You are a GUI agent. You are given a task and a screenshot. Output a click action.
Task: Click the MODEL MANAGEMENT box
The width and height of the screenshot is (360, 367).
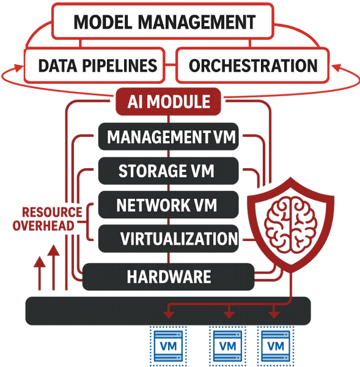163,22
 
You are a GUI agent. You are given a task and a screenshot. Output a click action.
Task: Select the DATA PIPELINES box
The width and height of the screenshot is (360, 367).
98,65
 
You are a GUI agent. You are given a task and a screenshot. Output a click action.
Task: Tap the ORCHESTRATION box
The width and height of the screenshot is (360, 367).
253,65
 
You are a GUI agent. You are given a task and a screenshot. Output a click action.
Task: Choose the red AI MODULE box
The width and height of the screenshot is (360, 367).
168,102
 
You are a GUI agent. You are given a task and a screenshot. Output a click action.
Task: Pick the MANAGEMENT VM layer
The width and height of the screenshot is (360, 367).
168,137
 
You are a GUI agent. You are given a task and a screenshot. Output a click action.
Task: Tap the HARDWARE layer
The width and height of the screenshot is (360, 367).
168,276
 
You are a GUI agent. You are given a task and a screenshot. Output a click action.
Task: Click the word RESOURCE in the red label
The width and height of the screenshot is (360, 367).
52,213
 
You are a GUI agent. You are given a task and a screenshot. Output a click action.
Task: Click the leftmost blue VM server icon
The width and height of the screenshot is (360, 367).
165,346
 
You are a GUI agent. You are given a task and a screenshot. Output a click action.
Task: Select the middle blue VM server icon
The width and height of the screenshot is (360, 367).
227,346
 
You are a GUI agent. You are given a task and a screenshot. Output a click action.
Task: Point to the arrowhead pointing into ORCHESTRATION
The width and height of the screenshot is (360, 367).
350,75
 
